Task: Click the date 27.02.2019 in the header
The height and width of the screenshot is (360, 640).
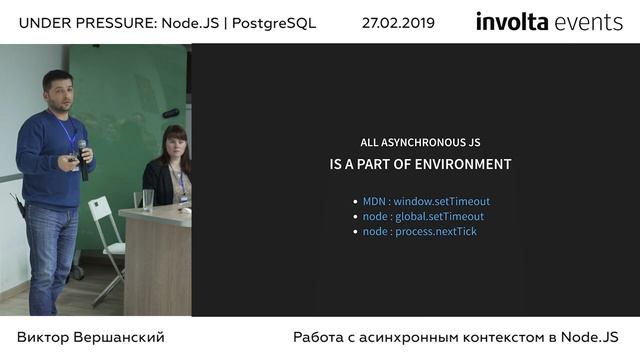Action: (398, 23)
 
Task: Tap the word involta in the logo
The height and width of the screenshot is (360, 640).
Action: (512, 22)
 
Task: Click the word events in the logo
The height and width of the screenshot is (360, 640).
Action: (589, 22)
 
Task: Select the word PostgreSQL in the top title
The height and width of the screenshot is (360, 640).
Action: (272, 23)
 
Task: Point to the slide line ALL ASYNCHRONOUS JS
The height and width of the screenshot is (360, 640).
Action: (420, 142)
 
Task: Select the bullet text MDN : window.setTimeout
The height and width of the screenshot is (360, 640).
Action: (426, 201)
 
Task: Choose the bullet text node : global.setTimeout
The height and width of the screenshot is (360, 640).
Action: (423, 216)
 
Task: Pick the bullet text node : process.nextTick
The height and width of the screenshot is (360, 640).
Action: (419, 231)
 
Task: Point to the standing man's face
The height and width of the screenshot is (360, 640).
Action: (59, 92)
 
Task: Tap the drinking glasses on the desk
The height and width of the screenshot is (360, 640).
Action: (143, 200)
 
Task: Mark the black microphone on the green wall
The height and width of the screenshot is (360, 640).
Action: (171, 113)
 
